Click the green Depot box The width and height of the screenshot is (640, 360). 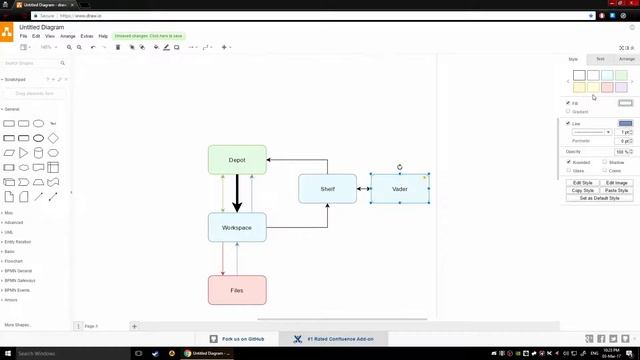tap(237, 160)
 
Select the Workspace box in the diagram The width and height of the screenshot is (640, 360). tap(237, 227)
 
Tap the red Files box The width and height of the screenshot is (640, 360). tap(237, 290)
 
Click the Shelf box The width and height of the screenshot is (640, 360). tap(327, 188)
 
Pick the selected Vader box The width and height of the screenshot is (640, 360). tap(400, 189)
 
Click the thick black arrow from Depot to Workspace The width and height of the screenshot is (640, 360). tap(237, 193)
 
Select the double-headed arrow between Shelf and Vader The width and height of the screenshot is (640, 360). tap(364, 188)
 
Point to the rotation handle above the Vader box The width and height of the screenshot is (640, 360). tap(400, 167)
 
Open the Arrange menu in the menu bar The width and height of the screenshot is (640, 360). tap(67, 36)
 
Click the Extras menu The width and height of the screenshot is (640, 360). tap(87, 36)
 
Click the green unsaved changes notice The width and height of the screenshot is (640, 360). tap(148, 36)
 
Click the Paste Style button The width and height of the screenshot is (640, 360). tap(616, 190)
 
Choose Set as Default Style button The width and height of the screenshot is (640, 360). tap(600, 198)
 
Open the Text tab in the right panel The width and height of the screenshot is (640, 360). tap(600, 59)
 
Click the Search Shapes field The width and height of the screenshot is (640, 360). tap(33, 63)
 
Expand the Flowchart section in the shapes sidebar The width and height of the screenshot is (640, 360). tap(14, 261)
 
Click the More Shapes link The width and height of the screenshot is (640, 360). tap(17, 325)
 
